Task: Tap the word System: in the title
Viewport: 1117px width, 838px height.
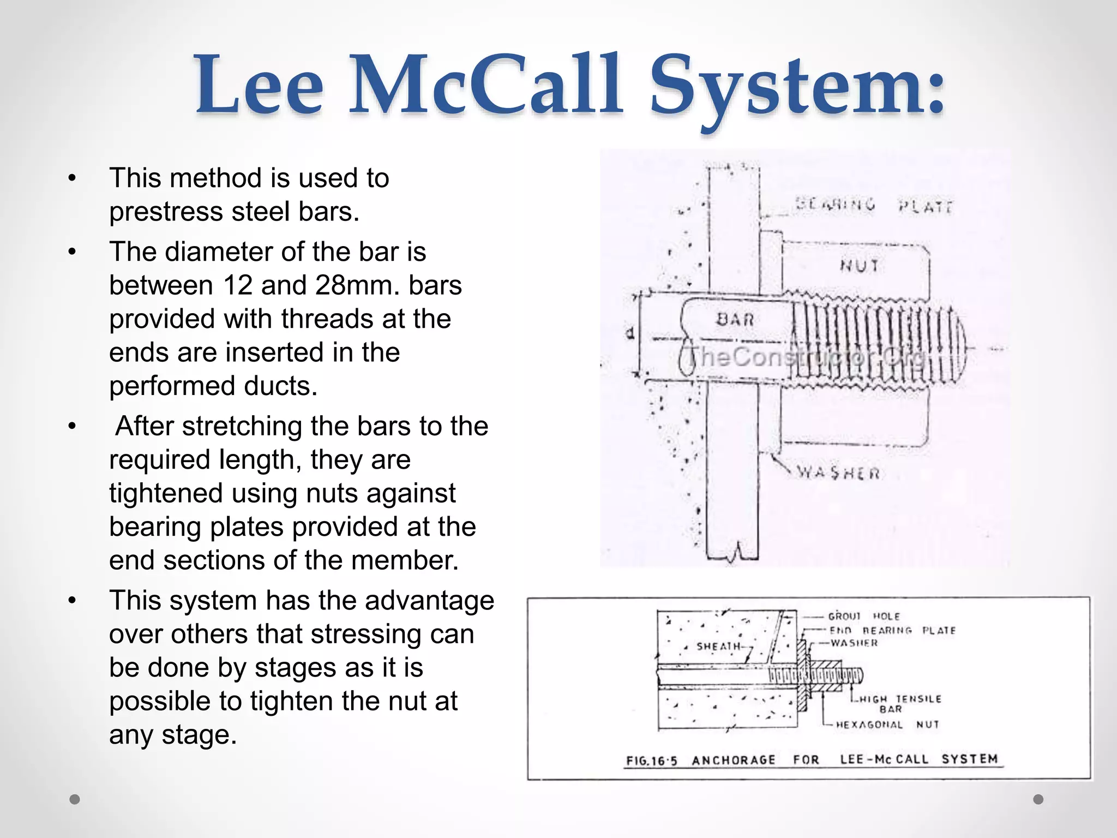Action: pos(797,87)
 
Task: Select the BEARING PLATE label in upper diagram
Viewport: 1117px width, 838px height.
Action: pos(873,206)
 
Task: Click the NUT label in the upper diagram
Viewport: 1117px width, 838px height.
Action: pos(860,266)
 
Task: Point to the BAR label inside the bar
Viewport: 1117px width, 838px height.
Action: pos(735,320)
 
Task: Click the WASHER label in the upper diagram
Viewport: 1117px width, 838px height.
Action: pos(838,472)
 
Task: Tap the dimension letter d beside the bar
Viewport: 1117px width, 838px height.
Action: pos(630,333)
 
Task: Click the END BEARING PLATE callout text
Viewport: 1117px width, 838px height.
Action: pos(892,630)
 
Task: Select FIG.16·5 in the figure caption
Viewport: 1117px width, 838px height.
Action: pos(651,761)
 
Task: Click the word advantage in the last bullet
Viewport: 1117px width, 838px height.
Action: pos(429,601)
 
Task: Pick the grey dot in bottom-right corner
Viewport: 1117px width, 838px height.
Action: pos(1038,799)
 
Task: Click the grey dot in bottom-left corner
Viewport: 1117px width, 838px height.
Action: pos(75,799)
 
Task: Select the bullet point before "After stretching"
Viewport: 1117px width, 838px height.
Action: pos(72,427)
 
